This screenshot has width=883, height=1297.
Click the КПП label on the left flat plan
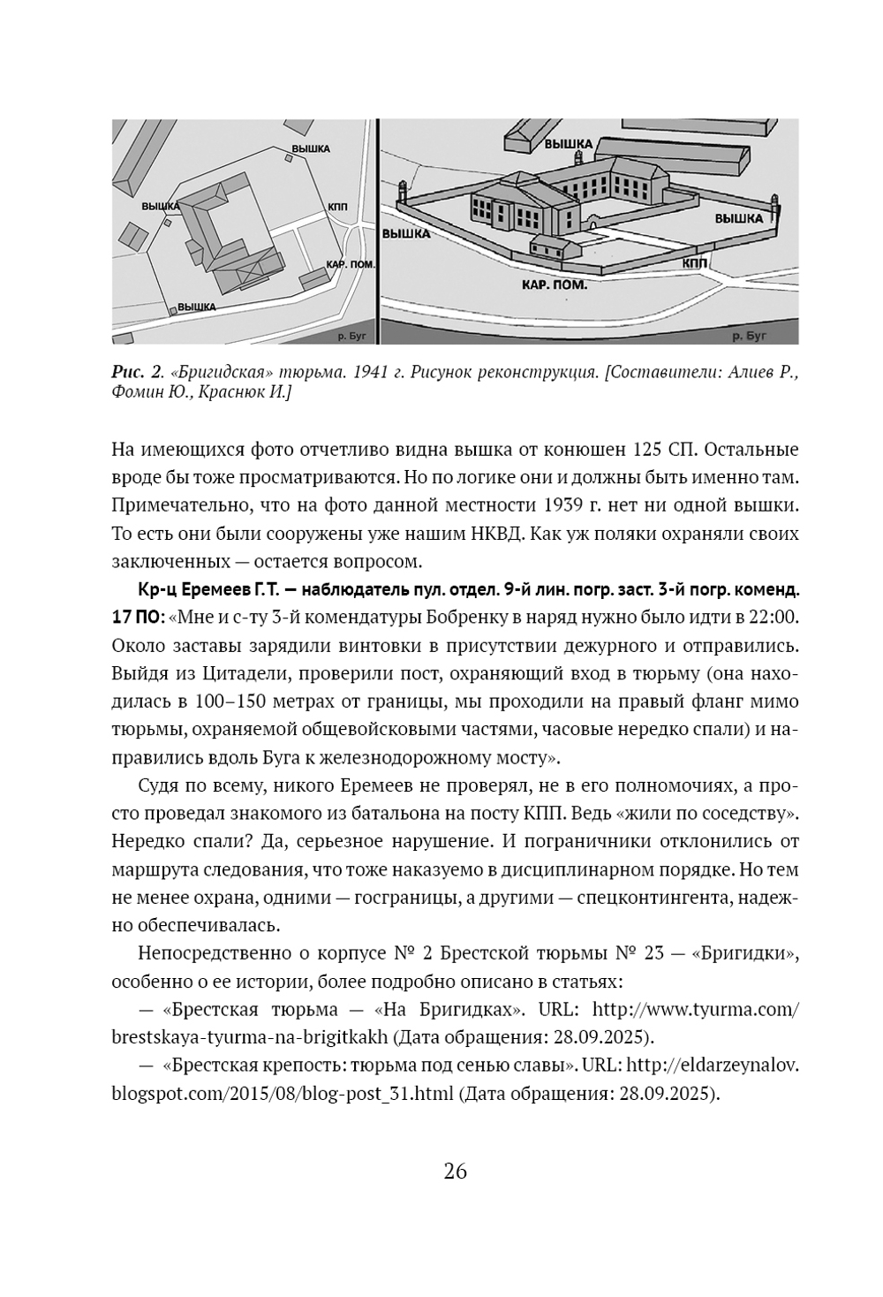coord(336,205)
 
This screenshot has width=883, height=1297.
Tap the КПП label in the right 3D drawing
coord(695,263)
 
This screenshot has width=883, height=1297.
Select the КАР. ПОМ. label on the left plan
coord(350,263)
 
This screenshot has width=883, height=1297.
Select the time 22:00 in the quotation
coord(774,615)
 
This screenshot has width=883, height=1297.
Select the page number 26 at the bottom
coord(455,1172)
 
